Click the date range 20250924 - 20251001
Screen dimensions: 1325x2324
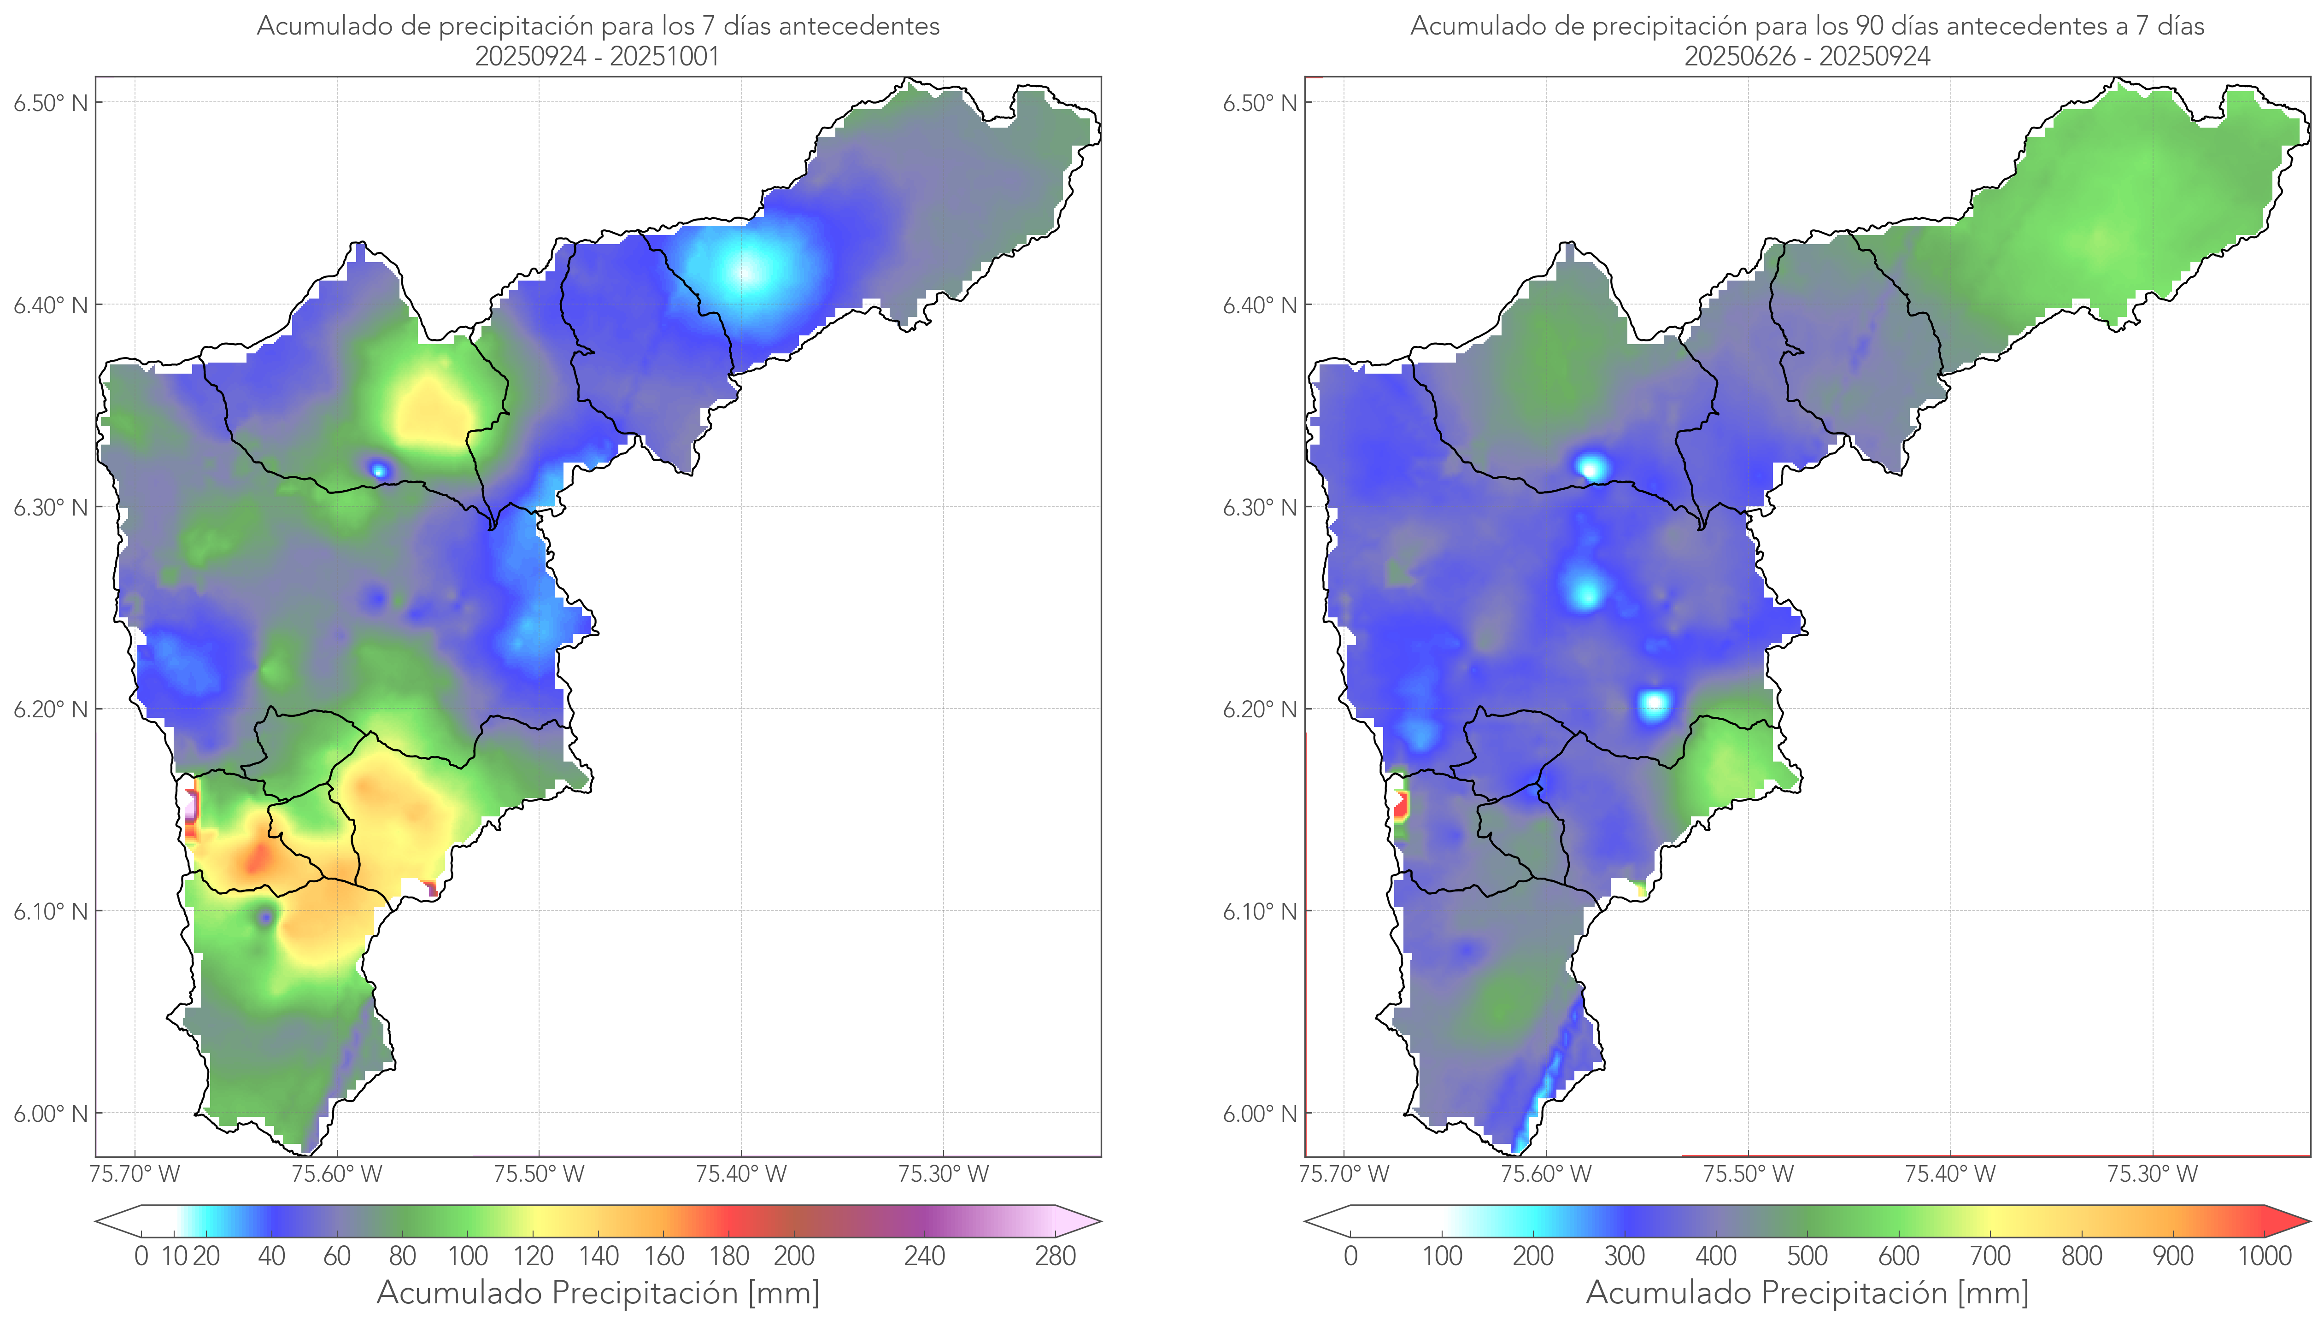[597, 56]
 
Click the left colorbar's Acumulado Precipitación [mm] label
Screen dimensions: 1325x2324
[598, 1292]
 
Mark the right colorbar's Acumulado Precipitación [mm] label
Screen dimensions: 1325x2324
[1807, 1292]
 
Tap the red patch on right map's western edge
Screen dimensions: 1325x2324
[1401, 805]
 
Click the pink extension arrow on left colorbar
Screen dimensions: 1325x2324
[1083, 1221]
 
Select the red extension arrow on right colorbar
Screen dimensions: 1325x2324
[2293, 1221]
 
